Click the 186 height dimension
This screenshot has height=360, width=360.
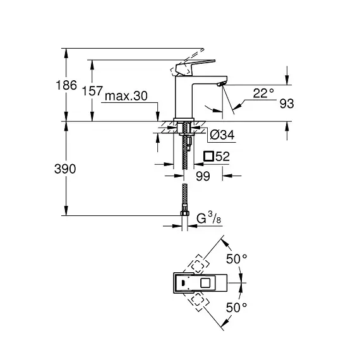[66, 85]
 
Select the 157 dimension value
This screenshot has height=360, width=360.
[92, 91]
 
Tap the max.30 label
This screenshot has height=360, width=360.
[126, 96]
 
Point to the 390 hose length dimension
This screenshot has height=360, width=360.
[65, 169]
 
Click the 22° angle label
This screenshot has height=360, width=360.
[263, 93]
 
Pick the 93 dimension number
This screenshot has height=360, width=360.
[287, 104]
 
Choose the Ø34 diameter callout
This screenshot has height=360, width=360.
[222, 135]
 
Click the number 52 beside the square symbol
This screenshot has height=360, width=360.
[223, 157]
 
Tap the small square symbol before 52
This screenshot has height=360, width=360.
[208, 156]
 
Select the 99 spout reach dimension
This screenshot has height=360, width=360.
[203, 176]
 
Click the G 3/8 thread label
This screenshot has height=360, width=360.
[208, 218]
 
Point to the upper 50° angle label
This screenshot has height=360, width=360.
[237, 259]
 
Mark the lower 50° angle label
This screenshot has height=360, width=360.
[236, 308]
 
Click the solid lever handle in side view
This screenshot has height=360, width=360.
[195, 68]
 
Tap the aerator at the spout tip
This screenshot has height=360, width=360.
[222, 84]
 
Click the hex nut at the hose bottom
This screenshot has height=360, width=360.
[184, 213]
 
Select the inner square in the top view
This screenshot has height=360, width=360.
[205, 283]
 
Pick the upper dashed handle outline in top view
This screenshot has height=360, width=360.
[198, 264]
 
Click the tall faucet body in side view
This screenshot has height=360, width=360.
[184, 97]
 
